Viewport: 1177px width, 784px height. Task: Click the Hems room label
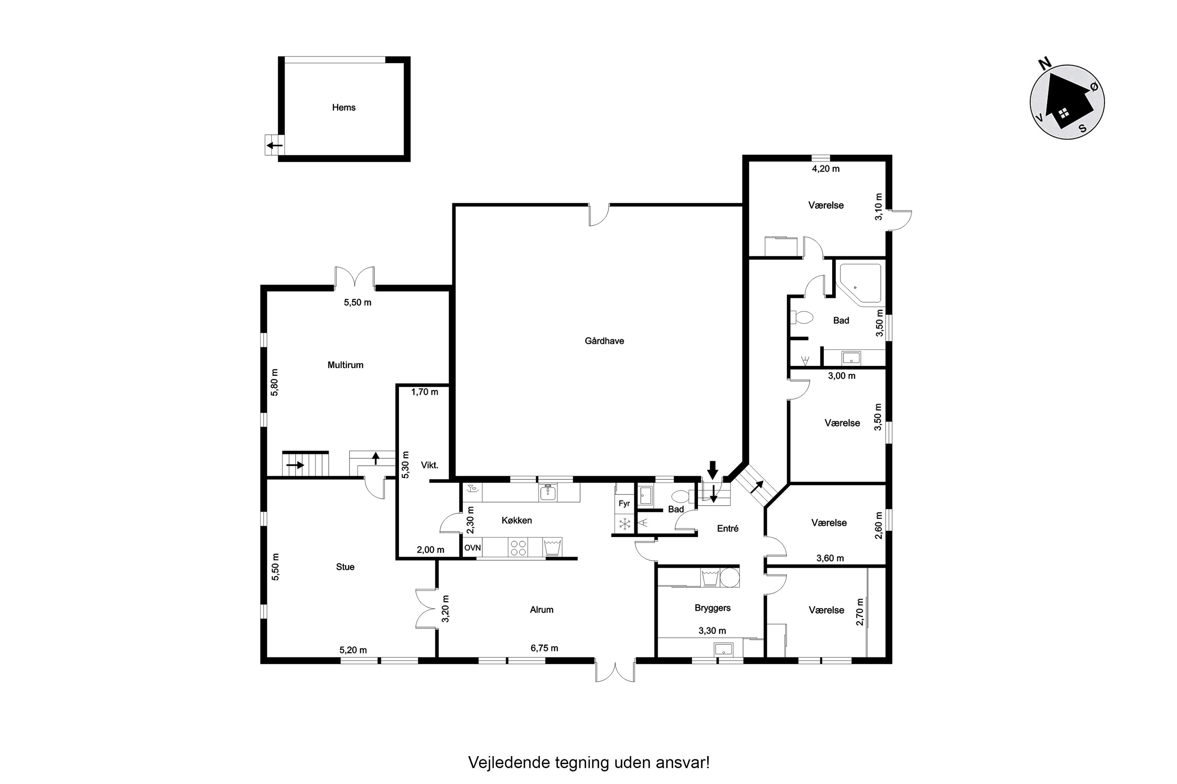coord(343,107)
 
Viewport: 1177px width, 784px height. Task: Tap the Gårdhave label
coord(604,341)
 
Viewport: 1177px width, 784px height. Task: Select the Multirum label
coord(345,365)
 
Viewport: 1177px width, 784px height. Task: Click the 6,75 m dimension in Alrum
coord(544,648)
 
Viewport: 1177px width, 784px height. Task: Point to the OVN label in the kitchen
coord(472,548)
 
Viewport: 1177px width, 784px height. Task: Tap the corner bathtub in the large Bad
coord(860,283)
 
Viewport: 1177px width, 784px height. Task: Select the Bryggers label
coord(712,608)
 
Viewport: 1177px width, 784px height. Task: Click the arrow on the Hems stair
coord(274,145)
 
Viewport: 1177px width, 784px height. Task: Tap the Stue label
coord(345,567)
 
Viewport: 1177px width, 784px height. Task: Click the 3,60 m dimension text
coord(830,558)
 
